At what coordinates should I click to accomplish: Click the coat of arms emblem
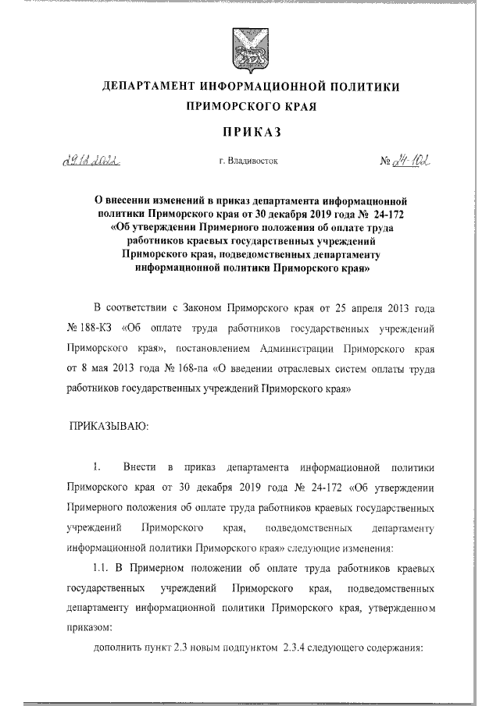(x=250, y=50)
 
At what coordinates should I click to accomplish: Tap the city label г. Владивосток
(x=249, y=161)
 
